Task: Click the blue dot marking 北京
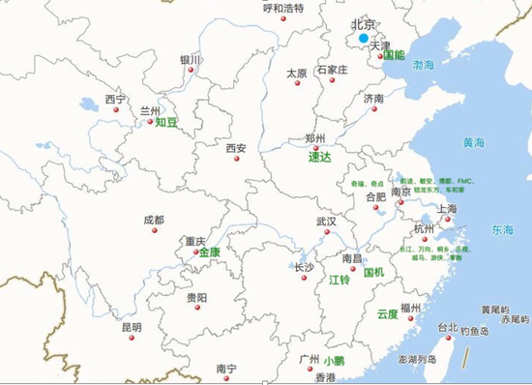tap(364, 39)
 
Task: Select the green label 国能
tap(394, 55)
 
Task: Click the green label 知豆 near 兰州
tap(167, 123)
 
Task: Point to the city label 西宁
tap(116, 99)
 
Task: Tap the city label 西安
tap(236, 148)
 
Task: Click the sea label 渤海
tap(424, 65)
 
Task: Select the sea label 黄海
tap(474, 142)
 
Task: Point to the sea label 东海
tap(502, 230)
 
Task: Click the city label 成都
tap(153, 220)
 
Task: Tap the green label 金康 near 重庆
tap(210, 252)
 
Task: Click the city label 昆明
tap(132, 327)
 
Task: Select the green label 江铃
tap(339, 280)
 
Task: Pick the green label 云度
tap(387, 313)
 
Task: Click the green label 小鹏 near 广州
tap(334, 360)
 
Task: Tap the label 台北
tap(448, 327)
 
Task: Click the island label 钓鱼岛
tap(478, 331)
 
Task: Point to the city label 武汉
tap(326, 222)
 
